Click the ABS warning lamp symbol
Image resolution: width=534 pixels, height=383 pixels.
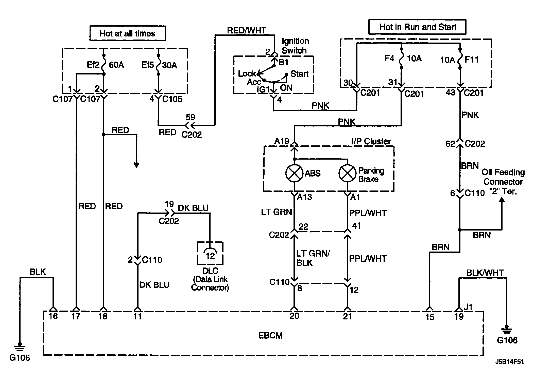[x=294, y=173]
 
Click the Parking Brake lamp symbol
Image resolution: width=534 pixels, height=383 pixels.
[x=348, y=173]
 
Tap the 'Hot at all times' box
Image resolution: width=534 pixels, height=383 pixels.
[x=127, y=33]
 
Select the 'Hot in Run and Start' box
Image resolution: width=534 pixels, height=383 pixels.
[x=417, y=27]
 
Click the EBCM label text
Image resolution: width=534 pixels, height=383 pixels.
[x=270, y=335]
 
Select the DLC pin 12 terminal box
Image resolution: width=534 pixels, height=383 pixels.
[x=210, y=253]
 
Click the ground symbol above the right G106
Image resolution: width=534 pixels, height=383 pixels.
[x=507, y=330]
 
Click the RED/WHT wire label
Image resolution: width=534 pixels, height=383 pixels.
[x=246, y=30]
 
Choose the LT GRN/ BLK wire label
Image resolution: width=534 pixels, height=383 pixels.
[x=313, y=258]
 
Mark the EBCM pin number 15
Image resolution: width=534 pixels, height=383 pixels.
[x=429, y=317]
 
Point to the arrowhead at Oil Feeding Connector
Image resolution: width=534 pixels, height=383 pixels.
[x=502, y=200]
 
